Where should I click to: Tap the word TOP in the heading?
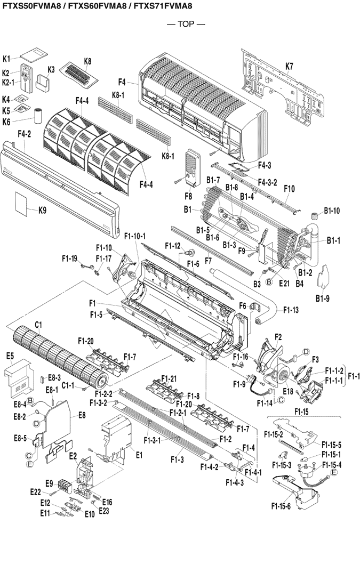tap(179, 24)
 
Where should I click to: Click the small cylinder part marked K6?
tap(38, 115)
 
